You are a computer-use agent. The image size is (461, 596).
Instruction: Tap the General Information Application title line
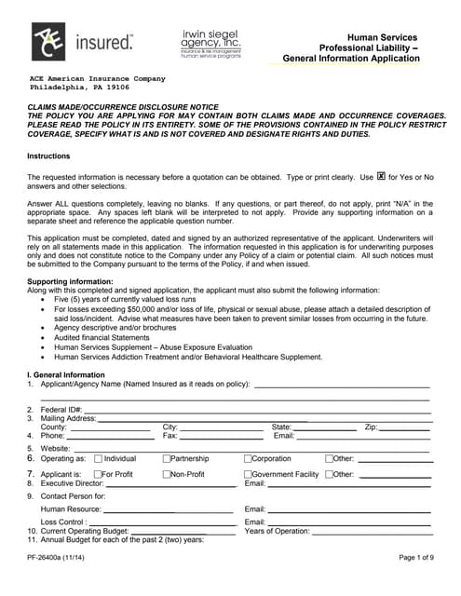[x=351, y=59]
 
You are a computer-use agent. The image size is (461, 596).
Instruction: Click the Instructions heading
[x=48, y=156]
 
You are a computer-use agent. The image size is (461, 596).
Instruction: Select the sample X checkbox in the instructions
[x=381, y=176]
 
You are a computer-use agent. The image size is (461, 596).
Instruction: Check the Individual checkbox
[x=98, y=459]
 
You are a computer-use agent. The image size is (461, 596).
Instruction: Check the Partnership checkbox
[x=167, y=459]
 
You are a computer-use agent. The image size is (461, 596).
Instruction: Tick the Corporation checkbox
[x=248, y=459]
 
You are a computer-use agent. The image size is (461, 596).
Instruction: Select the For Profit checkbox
[x=98, y=475]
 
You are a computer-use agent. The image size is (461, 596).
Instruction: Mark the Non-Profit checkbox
[x=167, y=475]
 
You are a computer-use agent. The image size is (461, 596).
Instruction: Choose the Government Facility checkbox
[x=248, y=475]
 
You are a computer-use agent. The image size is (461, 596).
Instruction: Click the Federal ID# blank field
[x=257, y=409]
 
